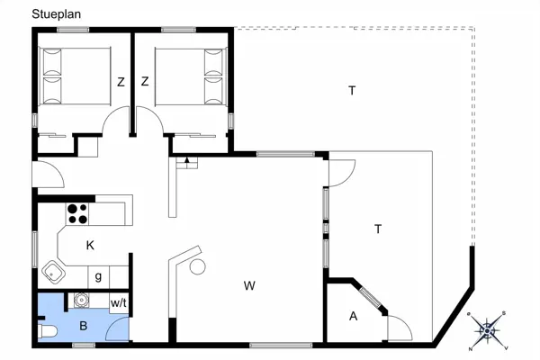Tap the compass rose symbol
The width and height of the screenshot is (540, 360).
(487, 330)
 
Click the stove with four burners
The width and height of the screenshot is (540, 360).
(77, 214)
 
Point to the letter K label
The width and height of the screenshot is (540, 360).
(90, 245)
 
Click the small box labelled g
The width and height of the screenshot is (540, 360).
(98, 276)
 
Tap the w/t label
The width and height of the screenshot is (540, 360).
(118, 303)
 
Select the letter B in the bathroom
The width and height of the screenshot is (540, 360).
(83, 326)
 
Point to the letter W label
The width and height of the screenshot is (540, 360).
(249, 286)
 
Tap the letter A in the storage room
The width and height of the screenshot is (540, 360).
(353, 316)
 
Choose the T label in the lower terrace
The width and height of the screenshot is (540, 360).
(378, 229)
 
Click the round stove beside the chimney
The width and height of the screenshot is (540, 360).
(197, 266)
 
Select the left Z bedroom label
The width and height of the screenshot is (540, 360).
(120, 82)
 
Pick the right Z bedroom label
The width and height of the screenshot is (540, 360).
(144, 82)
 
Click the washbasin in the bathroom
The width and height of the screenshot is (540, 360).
(83, 301)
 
